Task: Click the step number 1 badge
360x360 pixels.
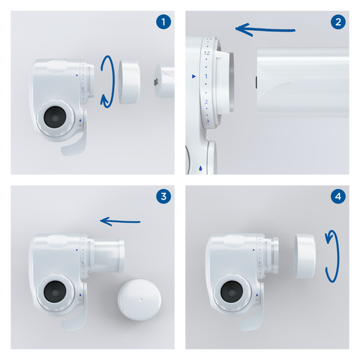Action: pyautogui.click(x=163, y=22)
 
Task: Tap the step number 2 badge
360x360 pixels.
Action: pyautogui.click(x=338, y=22)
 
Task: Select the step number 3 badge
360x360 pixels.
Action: pyautogui.click(x=163, y=197)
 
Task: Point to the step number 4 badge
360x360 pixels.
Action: pyautogui.click(x=338, y=197)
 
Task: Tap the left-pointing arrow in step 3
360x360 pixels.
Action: pyautogui.click(x=121, y=220)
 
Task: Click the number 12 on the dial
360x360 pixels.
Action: pyautogui.click(x=205, y=55)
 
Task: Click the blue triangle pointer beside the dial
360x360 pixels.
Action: pyautogui.click(x=193, y=77)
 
